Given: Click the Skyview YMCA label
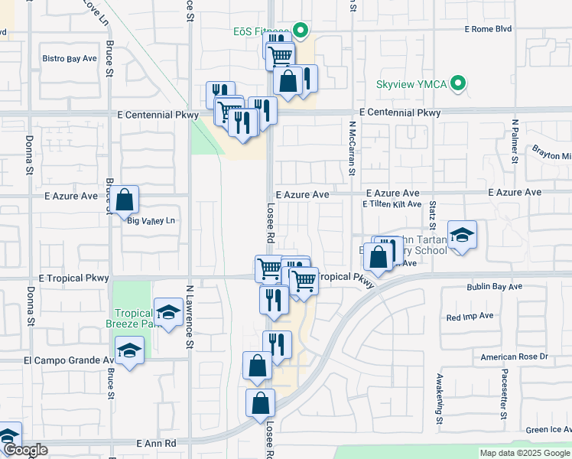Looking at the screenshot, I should (413, 83).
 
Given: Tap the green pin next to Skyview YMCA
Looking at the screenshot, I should (459, 83).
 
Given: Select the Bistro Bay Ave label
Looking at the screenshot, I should (70, 58).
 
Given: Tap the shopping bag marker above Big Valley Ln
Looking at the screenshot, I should (126, 200).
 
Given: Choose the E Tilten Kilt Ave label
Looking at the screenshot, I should (392, 204).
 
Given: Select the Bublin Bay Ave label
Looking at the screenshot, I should (494, 287).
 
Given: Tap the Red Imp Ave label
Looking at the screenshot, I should (470, 316).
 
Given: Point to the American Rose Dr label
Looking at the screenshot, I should (514, 357).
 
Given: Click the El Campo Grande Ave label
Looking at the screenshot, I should (69, 360).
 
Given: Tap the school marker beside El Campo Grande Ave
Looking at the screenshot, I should (129, 351).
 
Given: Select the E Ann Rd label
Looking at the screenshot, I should (156, 444).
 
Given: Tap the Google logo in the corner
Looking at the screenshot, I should (25, 451).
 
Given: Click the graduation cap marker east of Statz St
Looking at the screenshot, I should (462, 235).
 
